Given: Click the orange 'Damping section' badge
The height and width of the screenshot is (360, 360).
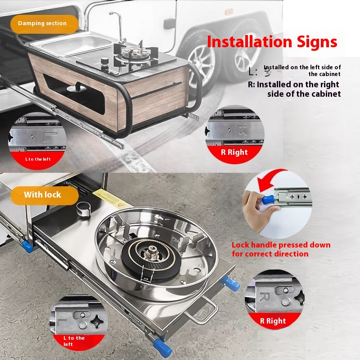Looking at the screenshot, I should (42, 23).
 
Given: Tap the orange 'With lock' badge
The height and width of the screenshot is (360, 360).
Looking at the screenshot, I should (43, 195).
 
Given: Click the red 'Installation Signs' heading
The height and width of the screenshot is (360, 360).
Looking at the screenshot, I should (272, 42).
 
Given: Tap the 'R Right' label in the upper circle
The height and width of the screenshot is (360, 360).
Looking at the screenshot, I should (234, 152).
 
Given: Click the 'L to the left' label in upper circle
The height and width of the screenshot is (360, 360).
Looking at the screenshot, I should (38, 159).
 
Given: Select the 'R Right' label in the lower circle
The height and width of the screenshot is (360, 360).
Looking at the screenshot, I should (273, 321).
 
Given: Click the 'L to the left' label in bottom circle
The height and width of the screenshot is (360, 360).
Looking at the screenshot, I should (74, 341).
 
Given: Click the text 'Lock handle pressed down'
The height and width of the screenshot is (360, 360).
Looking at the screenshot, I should (281, 245).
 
